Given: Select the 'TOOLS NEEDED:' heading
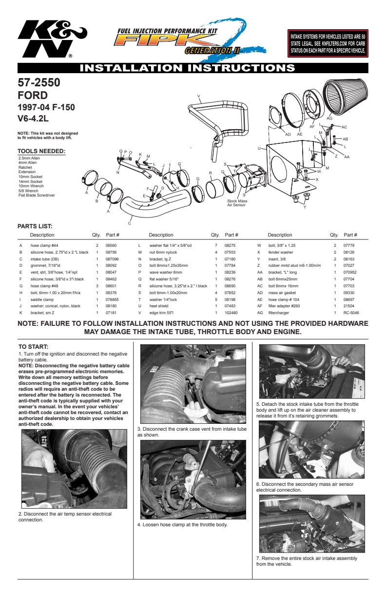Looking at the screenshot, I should point(41,151).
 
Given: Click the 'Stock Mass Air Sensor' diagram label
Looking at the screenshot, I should point(237,203).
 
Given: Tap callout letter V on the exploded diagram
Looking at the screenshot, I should point(199,96).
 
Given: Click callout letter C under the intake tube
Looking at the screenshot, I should point(129,223).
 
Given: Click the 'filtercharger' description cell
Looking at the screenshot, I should point(280,312).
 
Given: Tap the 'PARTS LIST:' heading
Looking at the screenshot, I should point(35,226).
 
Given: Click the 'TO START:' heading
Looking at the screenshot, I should point(33,346).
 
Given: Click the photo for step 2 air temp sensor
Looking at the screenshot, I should point(75,469).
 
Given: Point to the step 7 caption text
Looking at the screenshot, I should point(307,561).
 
